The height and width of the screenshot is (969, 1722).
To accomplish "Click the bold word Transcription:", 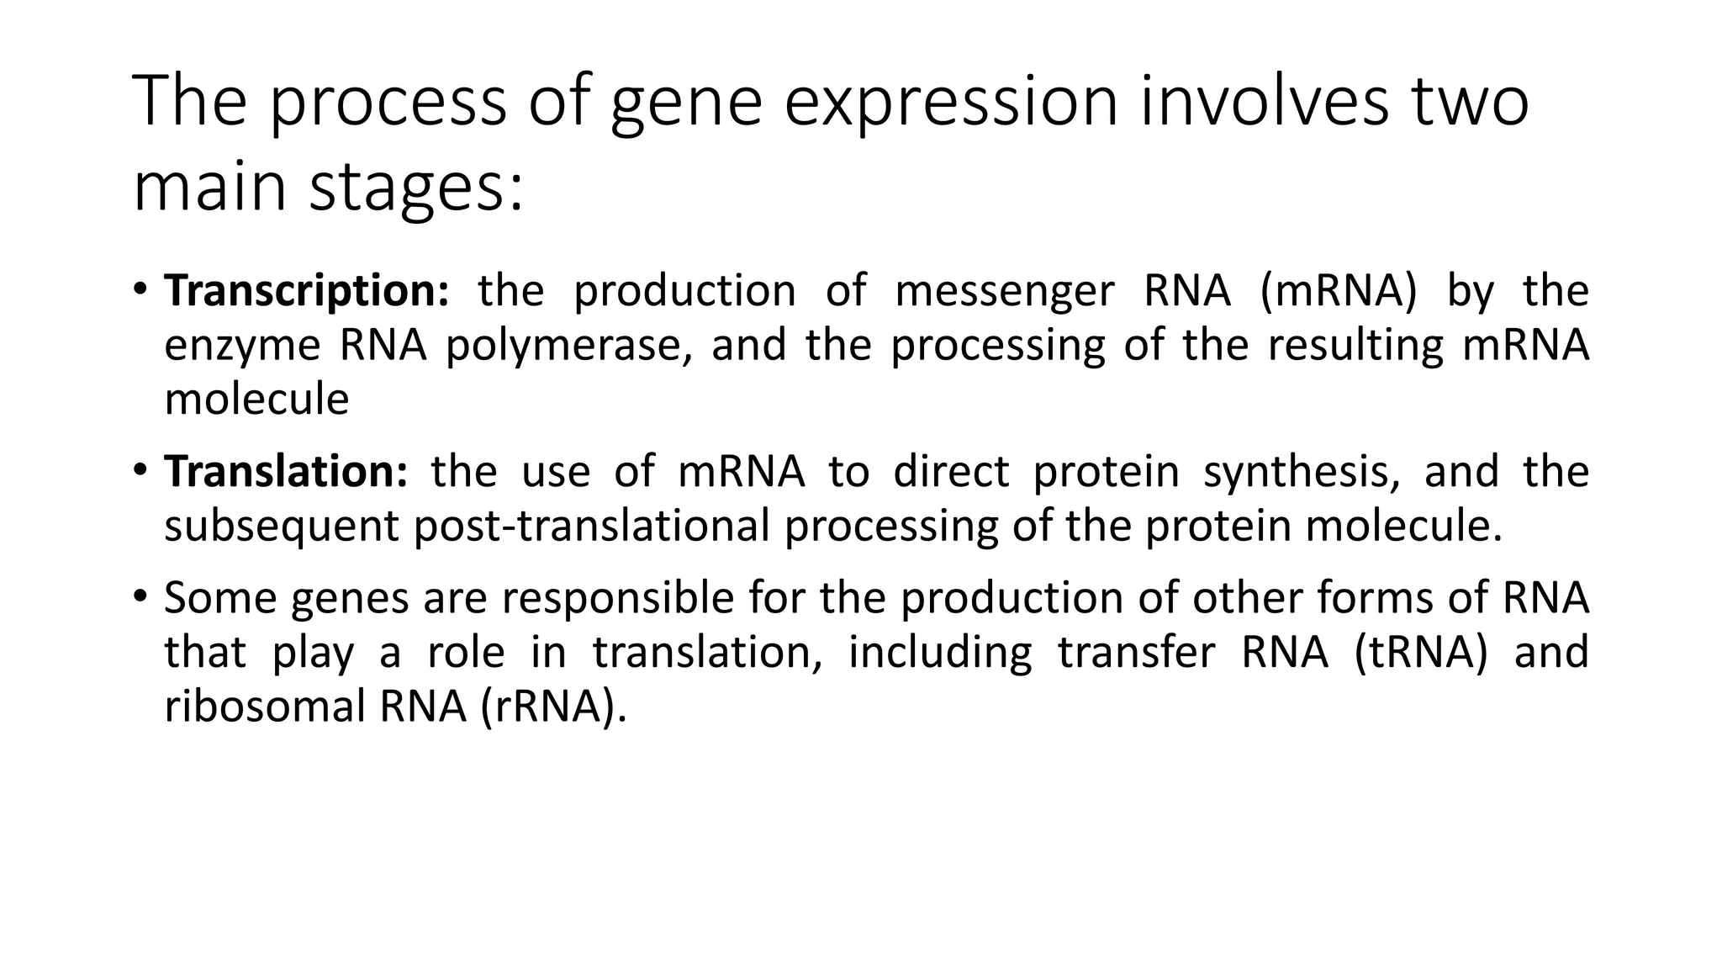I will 307,291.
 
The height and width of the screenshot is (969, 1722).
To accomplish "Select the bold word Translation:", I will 286,471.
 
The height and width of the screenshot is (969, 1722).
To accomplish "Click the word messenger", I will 1004,291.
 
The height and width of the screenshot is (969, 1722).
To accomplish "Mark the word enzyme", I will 242,346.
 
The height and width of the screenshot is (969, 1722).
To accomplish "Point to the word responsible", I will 617,598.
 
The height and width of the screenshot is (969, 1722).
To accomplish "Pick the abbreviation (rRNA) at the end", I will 554,707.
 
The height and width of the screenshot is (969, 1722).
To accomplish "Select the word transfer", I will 1136,652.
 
